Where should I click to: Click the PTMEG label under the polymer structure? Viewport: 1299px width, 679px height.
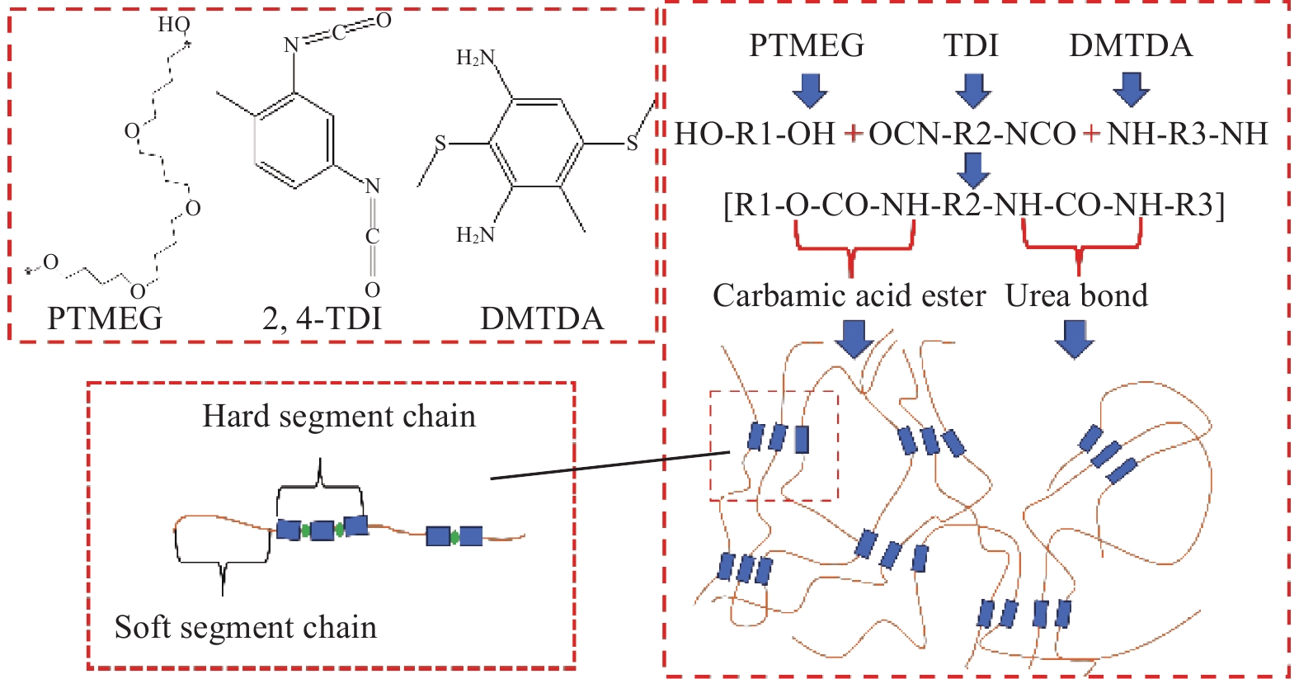tap(105, 318)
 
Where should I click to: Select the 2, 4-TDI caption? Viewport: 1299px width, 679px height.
tap(322, 318)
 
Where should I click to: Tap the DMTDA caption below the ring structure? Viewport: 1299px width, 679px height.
tap(542, 318)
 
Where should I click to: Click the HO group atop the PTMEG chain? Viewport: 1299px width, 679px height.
tap(173, 25)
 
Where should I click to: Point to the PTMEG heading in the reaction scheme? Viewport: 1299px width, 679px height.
tap(806, 45)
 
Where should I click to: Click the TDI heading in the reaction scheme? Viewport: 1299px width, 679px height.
tap(971, 45)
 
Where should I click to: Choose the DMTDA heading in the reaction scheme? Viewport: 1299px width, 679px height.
tap(1131, 45)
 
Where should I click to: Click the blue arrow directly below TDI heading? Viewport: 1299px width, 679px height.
tap(973, 90)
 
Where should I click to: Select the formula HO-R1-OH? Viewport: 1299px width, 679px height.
tap(755, 134)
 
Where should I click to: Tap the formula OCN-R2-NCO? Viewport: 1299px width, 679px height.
tap(972, 134)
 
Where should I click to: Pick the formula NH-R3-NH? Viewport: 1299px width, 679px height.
tap(1187, 134)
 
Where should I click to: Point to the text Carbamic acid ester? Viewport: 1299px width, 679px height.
tap(849, 296)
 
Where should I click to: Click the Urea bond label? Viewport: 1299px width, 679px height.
tap(1076, 296)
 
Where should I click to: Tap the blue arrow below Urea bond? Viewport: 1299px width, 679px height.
tap(1074, 339)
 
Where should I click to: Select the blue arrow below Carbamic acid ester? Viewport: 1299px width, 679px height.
tap(854, 338)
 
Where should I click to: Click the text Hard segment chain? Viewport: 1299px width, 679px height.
tap(339, 416)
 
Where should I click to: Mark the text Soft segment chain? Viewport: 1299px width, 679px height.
tap(245, 627)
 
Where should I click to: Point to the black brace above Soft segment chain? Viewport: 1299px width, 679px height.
tap(223, 561)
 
